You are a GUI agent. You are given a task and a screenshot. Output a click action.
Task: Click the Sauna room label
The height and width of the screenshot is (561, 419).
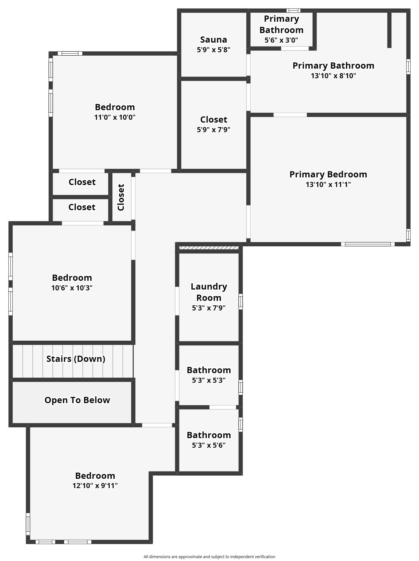click(x=214, y=40)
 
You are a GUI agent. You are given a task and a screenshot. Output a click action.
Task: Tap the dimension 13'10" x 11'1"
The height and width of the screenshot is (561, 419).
click(x=328, y=184)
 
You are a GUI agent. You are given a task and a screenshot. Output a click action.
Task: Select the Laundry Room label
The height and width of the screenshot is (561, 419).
click(x=209, y=292)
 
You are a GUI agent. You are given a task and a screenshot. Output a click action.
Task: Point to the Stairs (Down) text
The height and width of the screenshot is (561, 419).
click(x=76, y=359)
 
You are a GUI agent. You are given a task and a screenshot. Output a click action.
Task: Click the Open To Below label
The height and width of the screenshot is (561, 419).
click(x=77, y=400)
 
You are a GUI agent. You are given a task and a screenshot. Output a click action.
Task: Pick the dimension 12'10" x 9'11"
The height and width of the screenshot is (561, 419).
click(x=95, y=486)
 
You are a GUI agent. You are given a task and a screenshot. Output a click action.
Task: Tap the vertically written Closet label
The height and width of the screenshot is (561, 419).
click(x=121, y=197)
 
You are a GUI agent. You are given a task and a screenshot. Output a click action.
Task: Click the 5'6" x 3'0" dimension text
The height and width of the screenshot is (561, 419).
click(x=281, y=40)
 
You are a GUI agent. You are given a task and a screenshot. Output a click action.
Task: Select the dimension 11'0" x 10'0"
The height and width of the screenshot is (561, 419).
click(x=115, y=117)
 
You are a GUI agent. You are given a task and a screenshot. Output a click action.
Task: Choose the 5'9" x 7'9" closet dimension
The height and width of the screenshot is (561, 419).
click(x=214, y=130)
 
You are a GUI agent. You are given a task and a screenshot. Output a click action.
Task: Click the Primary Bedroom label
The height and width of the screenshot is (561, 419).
click(x=328, y=174)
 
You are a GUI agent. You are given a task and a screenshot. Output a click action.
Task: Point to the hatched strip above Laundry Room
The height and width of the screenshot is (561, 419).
click(x=209, y=248)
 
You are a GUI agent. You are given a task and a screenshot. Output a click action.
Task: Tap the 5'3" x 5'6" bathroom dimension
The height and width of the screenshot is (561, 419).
click(x=209, y=445)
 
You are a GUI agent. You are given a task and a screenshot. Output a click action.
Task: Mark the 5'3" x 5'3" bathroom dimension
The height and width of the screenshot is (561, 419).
click(x=209, y=380)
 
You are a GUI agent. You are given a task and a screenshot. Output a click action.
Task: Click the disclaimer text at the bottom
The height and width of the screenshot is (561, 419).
click(x=209, y=556)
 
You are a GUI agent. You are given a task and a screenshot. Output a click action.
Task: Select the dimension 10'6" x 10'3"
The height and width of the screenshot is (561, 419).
click(x=72, y=288)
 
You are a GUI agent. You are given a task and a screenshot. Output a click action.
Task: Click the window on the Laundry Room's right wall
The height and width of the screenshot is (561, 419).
click(x=241, y=301)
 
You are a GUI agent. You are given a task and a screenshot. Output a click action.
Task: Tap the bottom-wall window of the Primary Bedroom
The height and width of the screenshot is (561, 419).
click(x=368, y=244)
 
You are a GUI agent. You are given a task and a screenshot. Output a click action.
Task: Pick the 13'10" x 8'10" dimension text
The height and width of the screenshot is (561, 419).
click(x=333, y=76)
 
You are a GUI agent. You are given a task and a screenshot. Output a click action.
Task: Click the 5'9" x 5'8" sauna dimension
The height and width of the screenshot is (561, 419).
click(x=214, y=50)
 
